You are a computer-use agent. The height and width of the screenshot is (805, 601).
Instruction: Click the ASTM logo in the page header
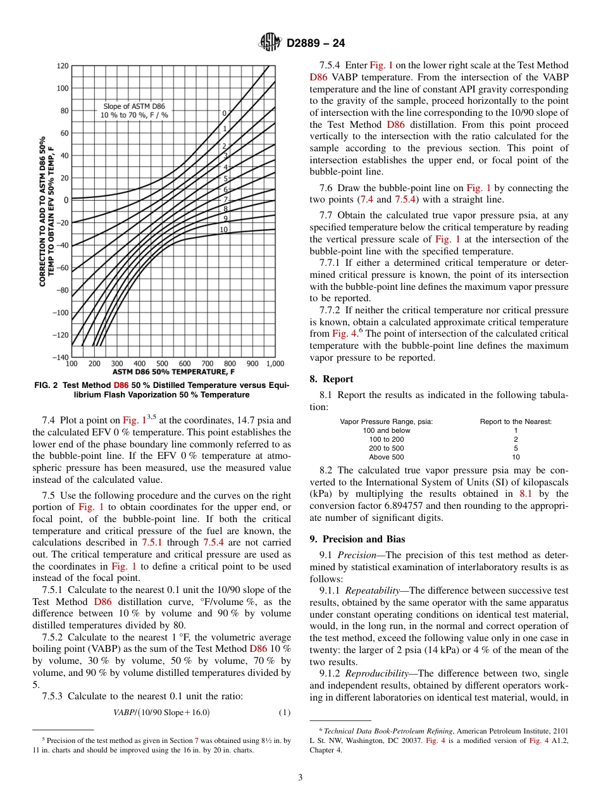270,43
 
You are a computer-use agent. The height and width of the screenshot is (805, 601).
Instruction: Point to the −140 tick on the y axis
61,358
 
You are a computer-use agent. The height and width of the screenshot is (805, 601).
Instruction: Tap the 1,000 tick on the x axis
275,364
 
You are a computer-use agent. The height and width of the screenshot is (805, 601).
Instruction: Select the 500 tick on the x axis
162,364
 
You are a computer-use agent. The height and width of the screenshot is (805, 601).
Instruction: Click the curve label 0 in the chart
223,113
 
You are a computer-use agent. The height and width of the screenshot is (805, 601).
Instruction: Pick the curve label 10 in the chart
223,229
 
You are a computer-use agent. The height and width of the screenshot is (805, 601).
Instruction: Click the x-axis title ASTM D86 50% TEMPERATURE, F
173,372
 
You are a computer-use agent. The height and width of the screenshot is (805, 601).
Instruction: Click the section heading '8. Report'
331,379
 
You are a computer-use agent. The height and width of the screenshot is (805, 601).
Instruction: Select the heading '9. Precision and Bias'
357,539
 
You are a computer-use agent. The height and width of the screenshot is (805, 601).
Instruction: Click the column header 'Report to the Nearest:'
516,421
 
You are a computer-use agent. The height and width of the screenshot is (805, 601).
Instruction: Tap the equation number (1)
285,712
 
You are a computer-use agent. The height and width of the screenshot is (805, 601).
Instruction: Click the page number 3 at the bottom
300,777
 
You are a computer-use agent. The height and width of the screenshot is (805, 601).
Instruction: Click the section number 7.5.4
332,65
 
